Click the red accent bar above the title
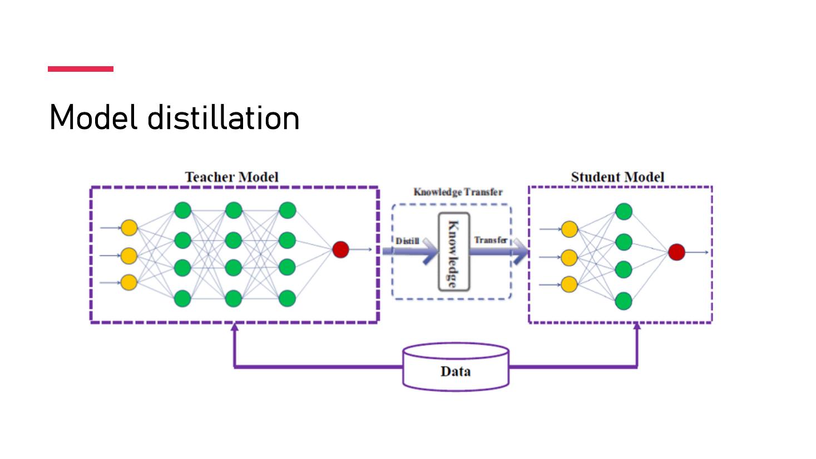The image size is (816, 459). pos(81,69)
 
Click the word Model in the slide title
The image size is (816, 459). pos(93,117)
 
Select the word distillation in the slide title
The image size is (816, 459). pos(223,117)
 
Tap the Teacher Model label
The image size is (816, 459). pos(232,177)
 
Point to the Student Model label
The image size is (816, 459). pos(618,177)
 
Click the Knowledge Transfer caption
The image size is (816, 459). pos(458,192)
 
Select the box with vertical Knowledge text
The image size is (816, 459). pos(454,251)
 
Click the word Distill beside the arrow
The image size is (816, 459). pos(407,241)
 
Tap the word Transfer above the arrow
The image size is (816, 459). pos(491,240)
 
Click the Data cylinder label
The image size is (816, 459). pos(456,371)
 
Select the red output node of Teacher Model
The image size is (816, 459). pos(340,250)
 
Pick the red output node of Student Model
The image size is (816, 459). pos(676,252)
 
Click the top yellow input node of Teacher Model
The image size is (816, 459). pos(129,228)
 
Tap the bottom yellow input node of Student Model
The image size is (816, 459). pos(570,284)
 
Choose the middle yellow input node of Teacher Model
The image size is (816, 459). pos(129,256)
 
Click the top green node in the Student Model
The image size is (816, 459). pos(624,211)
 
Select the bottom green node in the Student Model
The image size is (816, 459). pos(624,301)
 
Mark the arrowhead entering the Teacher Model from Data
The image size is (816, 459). pos(235,327)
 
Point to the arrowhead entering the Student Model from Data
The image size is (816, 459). pos(637,326)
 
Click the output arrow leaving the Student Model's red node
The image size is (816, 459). pos(697,252)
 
